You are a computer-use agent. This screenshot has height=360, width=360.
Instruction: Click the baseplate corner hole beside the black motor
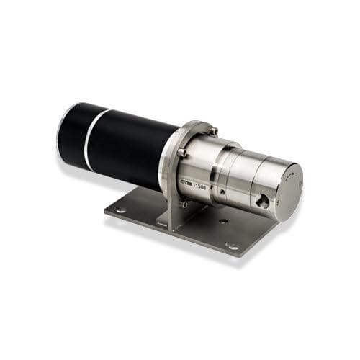[120, 210]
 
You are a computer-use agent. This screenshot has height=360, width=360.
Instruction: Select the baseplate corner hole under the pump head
[232, 246]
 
